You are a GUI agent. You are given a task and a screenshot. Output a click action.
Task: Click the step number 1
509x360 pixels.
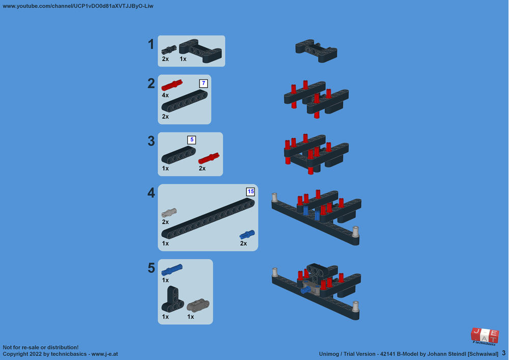[151, 44]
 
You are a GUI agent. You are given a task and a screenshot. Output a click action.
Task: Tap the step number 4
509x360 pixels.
[151, 193]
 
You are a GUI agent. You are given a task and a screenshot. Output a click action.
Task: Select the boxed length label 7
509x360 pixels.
[204, 84]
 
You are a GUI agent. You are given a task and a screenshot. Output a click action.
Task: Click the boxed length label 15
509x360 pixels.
[250, 191]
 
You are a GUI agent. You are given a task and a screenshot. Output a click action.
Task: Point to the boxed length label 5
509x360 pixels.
[191, 140]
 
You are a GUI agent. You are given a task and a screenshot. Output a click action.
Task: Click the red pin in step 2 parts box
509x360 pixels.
[172, 85]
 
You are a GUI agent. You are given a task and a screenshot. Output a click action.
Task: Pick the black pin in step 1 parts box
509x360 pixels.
[169, 50]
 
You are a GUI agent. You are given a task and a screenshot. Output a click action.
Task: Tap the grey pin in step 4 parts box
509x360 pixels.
[169, 213]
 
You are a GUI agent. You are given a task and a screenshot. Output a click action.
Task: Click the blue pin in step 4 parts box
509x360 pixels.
[247, 234]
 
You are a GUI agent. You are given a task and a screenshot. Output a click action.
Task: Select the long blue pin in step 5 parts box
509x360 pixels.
[172, 270]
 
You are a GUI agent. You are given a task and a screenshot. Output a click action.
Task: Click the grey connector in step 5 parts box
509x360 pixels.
[198, 305]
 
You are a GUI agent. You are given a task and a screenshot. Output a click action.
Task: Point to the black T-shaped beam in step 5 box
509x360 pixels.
[173, 299]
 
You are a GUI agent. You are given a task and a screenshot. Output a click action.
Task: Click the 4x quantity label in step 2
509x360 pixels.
[165, 95]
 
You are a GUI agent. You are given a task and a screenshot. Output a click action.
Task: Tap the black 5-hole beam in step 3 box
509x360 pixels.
[179, 155]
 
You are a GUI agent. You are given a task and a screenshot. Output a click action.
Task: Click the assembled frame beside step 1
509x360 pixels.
[316, 50]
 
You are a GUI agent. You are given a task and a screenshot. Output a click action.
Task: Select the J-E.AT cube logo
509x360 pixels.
[485, 336]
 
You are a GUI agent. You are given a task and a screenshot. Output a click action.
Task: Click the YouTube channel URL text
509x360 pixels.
[78, 6]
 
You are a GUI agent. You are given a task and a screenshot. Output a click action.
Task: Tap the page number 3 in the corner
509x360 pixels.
[503, 353]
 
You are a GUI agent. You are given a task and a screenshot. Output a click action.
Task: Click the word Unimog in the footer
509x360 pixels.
[329, 354]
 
